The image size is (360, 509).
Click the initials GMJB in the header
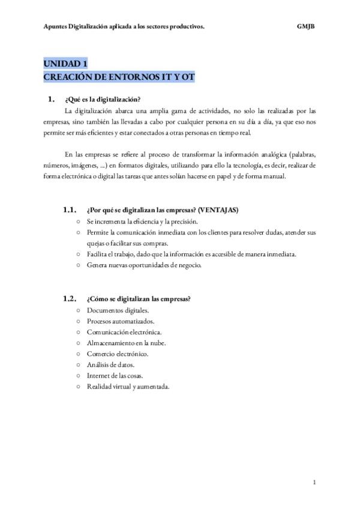[x=306, y=26]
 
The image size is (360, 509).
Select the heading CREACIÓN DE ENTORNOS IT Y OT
[x=119, y=77]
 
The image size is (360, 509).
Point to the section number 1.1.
[x=70, y=211]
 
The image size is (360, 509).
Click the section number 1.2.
[x=70, y=299]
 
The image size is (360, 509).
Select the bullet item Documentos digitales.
[x=118, y=310]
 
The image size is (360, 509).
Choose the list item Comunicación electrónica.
[x=124, y=332]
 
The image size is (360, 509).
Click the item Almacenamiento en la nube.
[x=126, y=343]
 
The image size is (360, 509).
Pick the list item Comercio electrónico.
[x=117, y=354]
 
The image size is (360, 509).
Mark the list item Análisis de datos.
[x=110, y=364]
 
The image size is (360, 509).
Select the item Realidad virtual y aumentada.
[x=128, y=386]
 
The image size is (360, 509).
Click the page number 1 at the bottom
[x=314, y=482]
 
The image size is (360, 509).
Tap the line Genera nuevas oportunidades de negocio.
[x=145, y=265]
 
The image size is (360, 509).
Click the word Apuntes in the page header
[x=55, y=26]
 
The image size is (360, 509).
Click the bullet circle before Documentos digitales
[x=79, y=310]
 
